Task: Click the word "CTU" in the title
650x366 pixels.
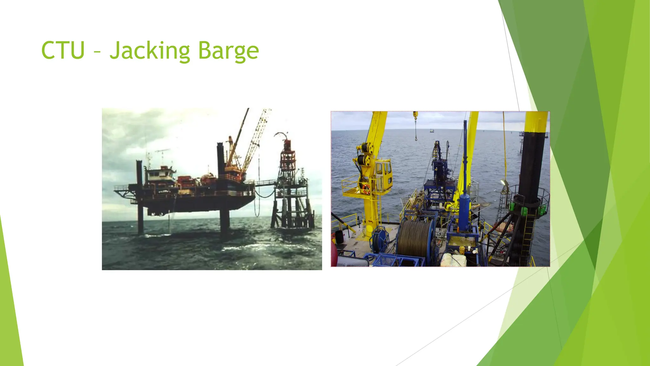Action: (x=63, y=50)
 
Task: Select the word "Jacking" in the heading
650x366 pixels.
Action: (x=150, y=51)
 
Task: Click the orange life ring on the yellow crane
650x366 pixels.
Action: (x=366, y=189)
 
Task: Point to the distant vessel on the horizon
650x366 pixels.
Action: (x=432, y=130)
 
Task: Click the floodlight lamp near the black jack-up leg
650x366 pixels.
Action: (x=503, y=183)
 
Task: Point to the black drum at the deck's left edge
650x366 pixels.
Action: (x=339, y=236)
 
